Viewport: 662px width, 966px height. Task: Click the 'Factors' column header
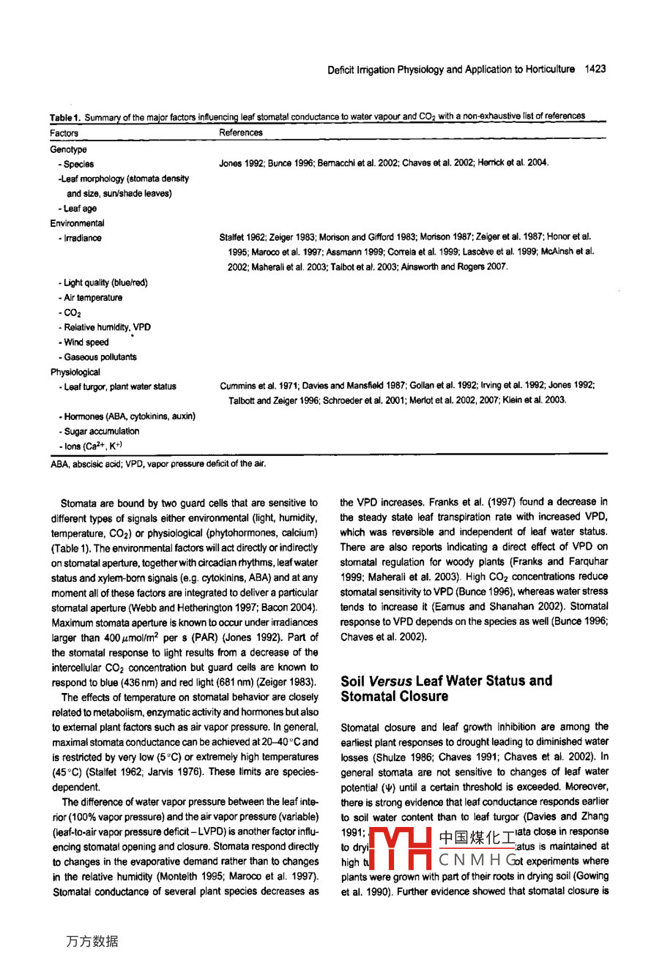(64, 133)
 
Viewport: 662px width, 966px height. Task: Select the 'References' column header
(240, 132)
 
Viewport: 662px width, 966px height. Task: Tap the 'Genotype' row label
(68, 149)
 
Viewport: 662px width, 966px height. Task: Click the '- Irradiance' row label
(80, 238)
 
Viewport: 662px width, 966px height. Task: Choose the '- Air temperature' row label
(90, 298)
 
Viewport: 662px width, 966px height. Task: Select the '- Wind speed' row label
(83, 342)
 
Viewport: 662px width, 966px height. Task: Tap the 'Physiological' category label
(75, 372)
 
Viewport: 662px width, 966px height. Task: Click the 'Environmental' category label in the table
(77, 223)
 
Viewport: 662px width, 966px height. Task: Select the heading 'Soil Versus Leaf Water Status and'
(447, 681)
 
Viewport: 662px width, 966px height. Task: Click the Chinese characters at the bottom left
(92, 941)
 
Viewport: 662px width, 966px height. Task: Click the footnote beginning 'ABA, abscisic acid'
(157, 463)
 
